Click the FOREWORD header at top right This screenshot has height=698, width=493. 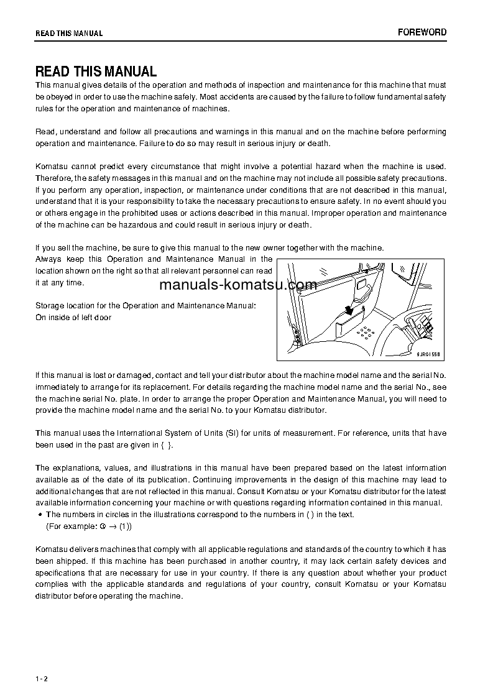pos(422,32)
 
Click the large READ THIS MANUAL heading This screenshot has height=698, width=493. pos(96,71)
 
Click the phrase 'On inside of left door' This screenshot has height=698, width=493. pos(73,318)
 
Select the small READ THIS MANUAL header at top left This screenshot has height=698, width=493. pos(69,33)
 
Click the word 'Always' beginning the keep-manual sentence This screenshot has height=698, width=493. pos(48,259)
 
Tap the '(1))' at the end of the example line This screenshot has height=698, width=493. pos(125,526)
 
